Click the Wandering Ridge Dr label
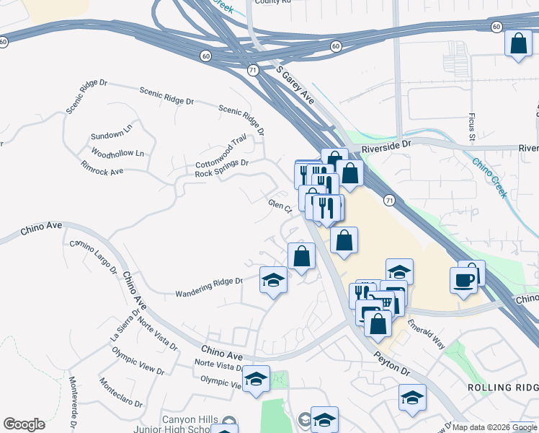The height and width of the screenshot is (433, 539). [x=209, y=287]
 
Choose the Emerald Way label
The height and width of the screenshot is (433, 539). [x=427, y=335]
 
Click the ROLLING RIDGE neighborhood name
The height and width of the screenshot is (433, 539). [x=503, y=388]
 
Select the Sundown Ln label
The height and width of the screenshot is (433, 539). [x=112, y=135]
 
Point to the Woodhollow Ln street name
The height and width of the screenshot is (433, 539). [x=118, y=153]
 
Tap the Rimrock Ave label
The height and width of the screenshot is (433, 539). [x=102, y=171]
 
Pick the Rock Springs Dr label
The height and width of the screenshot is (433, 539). [x=221, y=169]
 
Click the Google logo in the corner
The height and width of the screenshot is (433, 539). [x=24, y=424]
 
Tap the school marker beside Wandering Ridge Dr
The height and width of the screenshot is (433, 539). [x=273, y=280]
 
